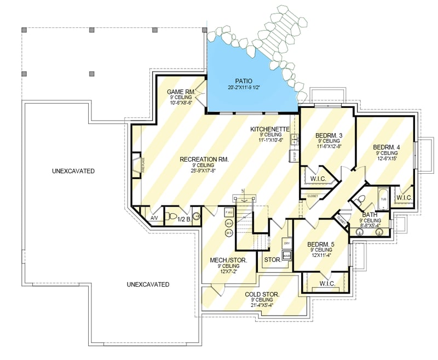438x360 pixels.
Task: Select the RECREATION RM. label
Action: [x=205, y=159]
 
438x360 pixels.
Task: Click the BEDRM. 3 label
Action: [x=328, y=135]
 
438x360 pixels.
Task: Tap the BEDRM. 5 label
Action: [x=320, y=244]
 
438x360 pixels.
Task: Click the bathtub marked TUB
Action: [x=383, y=199]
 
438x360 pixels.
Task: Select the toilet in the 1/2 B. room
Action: [x=171, y=215]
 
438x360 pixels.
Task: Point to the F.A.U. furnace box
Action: [x=229, y=212]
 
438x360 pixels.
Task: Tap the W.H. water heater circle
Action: [x=229, y=224]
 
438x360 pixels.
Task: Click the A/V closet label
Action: [x=154, y=218]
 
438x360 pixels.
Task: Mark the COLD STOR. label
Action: [x=262, y=294]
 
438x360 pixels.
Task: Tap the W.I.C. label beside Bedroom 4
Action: [x=404, y=198]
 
